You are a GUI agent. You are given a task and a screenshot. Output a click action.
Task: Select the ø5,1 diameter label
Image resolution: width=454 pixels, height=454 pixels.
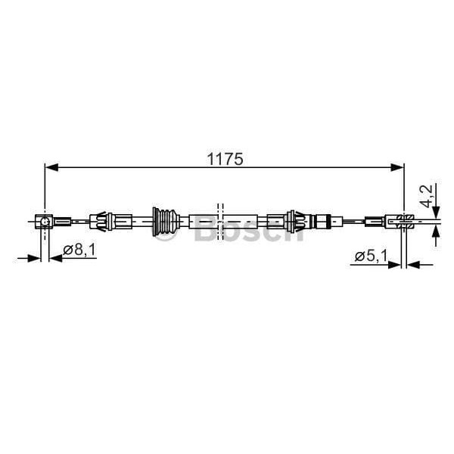(x=371, y=257)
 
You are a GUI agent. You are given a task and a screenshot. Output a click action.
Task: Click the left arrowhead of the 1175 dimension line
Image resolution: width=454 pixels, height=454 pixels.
(x=50, y=169)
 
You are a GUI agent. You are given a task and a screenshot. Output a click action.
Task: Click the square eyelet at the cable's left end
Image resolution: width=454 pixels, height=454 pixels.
(x=45, y=221)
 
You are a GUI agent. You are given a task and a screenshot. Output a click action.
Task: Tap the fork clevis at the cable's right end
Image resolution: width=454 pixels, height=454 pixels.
(x=401, y=221)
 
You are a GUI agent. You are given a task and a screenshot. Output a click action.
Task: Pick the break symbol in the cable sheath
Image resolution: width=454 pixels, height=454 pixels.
(x=220, y=220)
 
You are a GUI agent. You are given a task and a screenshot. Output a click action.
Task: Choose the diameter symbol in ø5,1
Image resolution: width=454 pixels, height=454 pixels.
(x=359, y=257)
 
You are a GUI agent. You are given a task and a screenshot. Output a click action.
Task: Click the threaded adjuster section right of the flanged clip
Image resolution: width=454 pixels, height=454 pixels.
(x=322, y=221)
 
